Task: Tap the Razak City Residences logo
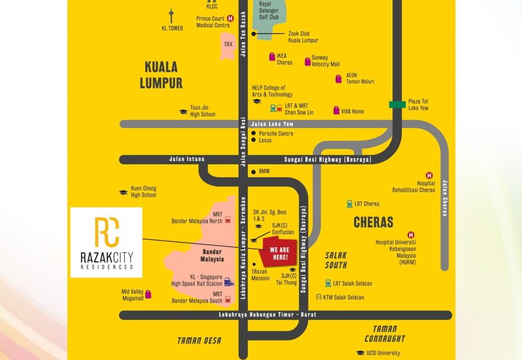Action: [106, 242]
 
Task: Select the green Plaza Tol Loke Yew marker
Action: [394, 104]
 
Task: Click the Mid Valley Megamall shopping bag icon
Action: [149, 295]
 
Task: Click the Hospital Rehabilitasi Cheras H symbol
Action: [429, 175]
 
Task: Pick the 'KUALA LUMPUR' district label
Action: [161, 74]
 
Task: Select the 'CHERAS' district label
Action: [373, 222]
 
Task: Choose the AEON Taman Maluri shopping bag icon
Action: [338, 79]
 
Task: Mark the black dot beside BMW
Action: [254, 172]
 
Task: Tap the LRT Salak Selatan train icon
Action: [328, 284]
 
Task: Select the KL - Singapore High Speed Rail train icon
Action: [228, 282]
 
